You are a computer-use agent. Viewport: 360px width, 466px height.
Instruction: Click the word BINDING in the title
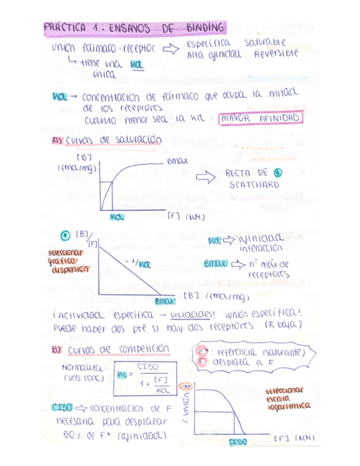(x=205, y=27)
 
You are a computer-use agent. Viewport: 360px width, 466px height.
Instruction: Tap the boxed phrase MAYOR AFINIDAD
(x=262, y=118)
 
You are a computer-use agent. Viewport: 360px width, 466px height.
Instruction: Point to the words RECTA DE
(x=246, y=173)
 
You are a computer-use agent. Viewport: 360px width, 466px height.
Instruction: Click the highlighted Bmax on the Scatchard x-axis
(x=164, y=301)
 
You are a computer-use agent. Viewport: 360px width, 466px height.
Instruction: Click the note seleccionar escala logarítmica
(x=288, y=398)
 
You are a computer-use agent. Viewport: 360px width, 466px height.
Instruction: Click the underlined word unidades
(x=185, y=315)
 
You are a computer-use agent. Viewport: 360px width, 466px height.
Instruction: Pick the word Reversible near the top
(x=276, y=54)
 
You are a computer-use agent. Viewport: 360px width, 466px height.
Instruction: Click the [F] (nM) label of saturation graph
(x=185, y=217)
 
